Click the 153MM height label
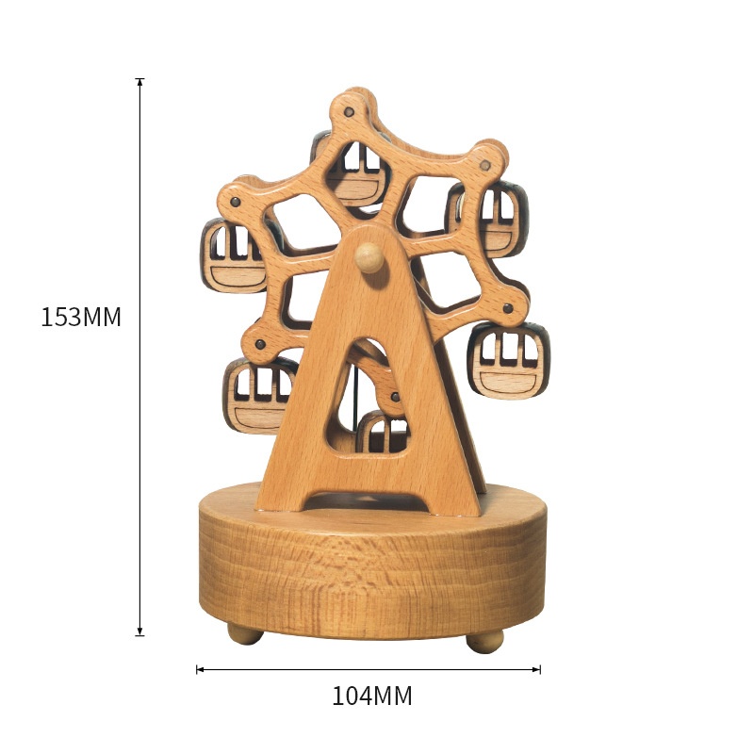[81, 318]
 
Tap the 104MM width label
[371, 696]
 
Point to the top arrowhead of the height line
[139, 82]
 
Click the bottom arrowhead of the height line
[139, 631]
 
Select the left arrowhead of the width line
[201, 669]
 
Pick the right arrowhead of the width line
[535, 669]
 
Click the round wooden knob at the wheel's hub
[369, 257]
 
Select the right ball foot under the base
[484, 641]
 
